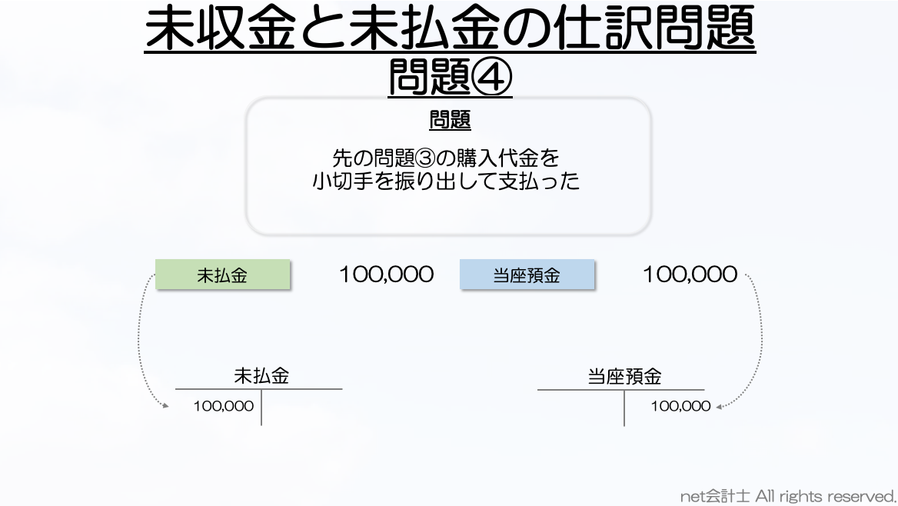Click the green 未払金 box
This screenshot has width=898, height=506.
(223, 275)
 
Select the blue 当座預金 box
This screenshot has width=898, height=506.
(527, 275)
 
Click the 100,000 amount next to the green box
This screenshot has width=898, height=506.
(387, 275)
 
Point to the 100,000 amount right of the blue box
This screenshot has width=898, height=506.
(690, 275)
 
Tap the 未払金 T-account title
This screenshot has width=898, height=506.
(261, 376)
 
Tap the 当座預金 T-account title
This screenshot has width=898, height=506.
(624, 377)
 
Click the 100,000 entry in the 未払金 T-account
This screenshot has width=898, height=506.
(224, 406)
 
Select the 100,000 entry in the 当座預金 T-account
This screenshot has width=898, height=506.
(680, 406)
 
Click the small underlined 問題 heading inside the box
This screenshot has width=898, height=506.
(450, 120)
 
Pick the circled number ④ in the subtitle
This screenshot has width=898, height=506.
(491, 77)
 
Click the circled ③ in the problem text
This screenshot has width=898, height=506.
(425, 158)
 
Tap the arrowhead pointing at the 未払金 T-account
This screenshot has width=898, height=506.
(165, 406)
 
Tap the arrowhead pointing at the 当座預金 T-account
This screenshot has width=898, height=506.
(720, 406)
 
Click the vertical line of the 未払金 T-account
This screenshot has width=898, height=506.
(261, 408)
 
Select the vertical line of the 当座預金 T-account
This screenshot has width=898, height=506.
(624, 408)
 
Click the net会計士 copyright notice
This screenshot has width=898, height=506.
(788, 496)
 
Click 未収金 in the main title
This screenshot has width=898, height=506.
(221, 28)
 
